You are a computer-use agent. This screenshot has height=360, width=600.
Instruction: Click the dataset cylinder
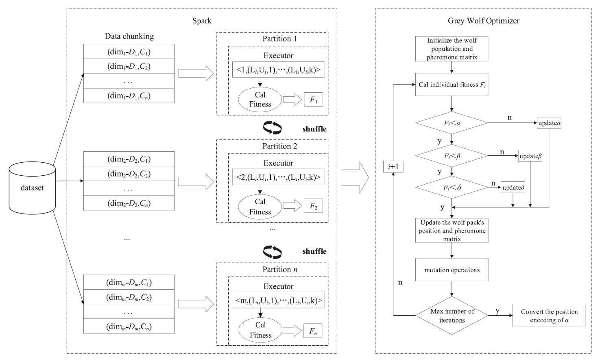tap(33, 188)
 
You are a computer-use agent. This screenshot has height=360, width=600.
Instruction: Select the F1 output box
tap(313, 100)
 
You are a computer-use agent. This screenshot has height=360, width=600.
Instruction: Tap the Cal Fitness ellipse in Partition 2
tap(260, 207)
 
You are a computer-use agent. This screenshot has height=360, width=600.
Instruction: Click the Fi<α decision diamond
tap(452, 122)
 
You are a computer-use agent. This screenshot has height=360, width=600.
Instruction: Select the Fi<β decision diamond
tap(452, 155)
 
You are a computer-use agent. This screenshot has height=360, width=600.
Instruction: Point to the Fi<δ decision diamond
tap(452, 188)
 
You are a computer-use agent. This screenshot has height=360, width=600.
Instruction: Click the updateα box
tap(550, 123)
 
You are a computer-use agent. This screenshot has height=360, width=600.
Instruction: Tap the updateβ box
tap(530, 156)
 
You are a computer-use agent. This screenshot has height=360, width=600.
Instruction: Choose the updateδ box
tap(513, 188)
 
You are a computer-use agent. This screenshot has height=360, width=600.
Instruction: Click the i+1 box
tap(393, 167)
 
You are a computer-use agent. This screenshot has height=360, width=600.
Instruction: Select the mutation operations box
tap(452, 270)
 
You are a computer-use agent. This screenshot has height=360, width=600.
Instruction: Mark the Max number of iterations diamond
tap(452, 316)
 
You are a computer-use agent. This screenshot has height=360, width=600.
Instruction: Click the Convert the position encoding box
tap(549, 316)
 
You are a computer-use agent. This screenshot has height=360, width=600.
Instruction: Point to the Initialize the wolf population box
tap(452, 49)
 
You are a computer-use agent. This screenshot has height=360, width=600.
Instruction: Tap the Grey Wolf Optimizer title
tap(483, 21)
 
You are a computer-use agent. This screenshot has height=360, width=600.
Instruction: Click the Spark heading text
tap(202, 21)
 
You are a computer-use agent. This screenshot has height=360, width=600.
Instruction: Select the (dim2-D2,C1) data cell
tap(129, 159)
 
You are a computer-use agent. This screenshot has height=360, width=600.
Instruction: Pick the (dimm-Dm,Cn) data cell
tap(129, 327)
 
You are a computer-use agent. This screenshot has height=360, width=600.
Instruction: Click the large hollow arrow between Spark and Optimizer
tap(355, 178)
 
